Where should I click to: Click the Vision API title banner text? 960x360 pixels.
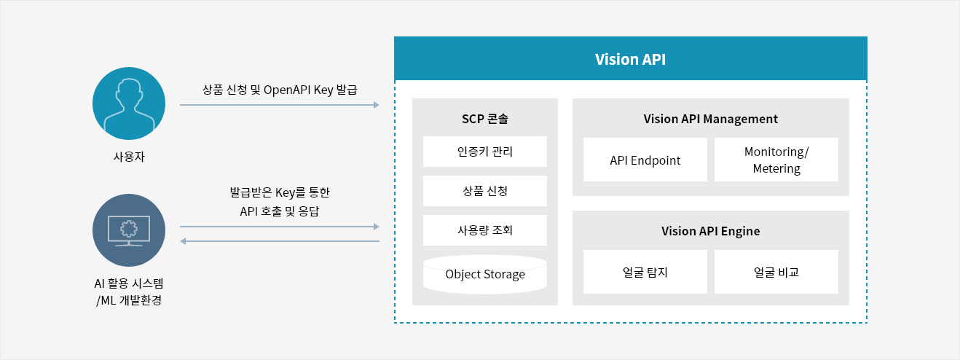630,59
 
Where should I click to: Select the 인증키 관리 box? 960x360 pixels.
484,152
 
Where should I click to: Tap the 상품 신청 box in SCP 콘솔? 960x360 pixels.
484,191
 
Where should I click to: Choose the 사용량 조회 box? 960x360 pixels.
484,230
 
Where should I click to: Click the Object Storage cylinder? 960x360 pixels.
484,274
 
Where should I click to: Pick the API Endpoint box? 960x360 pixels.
645,160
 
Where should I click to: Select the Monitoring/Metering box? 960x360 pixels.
776,160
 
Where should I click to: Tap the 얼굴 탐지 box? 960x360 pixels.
645,272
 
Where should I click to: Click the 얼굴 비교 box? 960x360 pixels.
776,272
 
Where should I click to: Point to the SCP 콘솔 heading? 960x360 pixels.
484,119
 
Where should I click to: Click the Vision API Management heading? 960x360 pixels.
711,119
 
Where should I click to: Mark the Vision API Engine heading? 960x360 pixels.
711,231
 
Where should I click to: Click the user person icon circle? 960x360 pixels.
129,103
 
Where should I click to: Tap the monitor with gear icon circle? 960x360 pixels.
129,230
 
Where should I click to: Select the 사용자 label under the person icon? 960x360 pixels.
129,157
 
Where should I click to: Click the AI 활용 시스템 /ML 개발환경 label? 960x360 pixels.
129,291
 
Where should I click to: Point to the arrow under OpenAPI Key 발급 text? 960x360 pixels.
280,105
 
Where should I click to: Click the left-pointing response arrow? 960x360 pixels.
280,241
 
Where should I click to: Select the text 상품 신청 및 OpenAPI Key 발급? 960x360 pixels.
280,90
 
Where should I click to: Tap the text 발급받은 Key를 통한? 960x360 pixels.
280,192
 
